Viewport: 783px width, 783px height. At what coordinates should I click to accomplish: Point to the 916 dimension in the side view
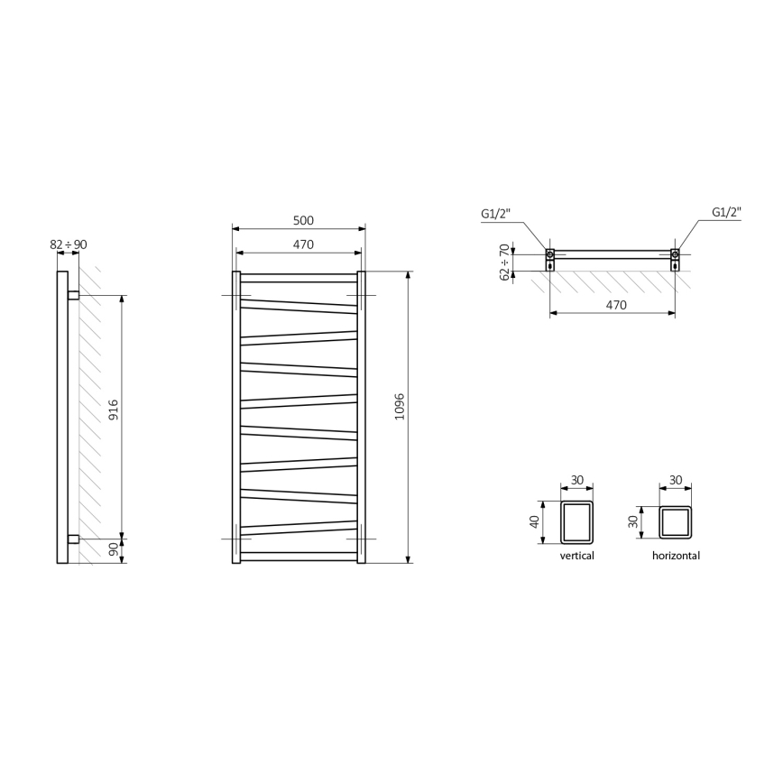click(115, 416)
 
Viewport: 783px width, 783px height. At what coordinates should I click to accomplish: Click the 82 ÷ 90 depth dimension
click(69, 244)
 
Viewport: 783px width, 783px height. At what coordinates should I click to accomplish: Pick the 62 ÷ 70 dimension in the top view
click(504, 262)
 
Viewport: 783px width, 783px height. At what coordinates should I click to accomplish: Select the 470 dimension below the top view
click(615, 305)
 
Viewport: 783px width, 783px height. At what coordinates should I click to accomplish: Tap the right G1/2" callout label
click(726, 213)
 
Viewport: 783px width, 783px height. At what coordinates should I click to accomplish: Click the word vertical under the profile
click(576, 556)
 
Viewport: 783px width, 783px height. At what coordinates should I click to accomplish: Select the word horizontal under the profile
click(676, 556)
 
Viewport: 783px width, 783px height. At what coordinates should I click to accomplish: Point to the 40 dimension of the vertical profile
click(535, 522)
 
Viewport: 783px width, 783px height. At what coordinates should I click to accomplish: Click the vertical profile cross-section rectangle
click(576, 522)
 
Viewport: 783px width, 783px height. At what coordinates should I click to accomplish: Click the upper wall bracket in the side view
click(73, 295)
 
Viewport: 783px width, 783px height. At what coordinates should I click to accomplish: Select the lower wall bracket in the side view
click(73, 539)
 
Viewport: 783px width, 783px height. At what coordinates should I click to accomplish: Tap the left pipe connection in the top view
click(550, 257)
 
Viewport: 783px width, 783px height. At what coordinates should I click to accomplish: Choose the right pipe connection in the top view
click(675, 257)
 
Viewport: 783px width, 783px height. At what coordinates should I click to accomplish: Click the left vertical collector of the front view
click(236, 418)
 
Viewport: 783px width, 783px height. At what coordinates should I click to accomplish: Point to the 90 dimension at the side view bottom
click(115, 551)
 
